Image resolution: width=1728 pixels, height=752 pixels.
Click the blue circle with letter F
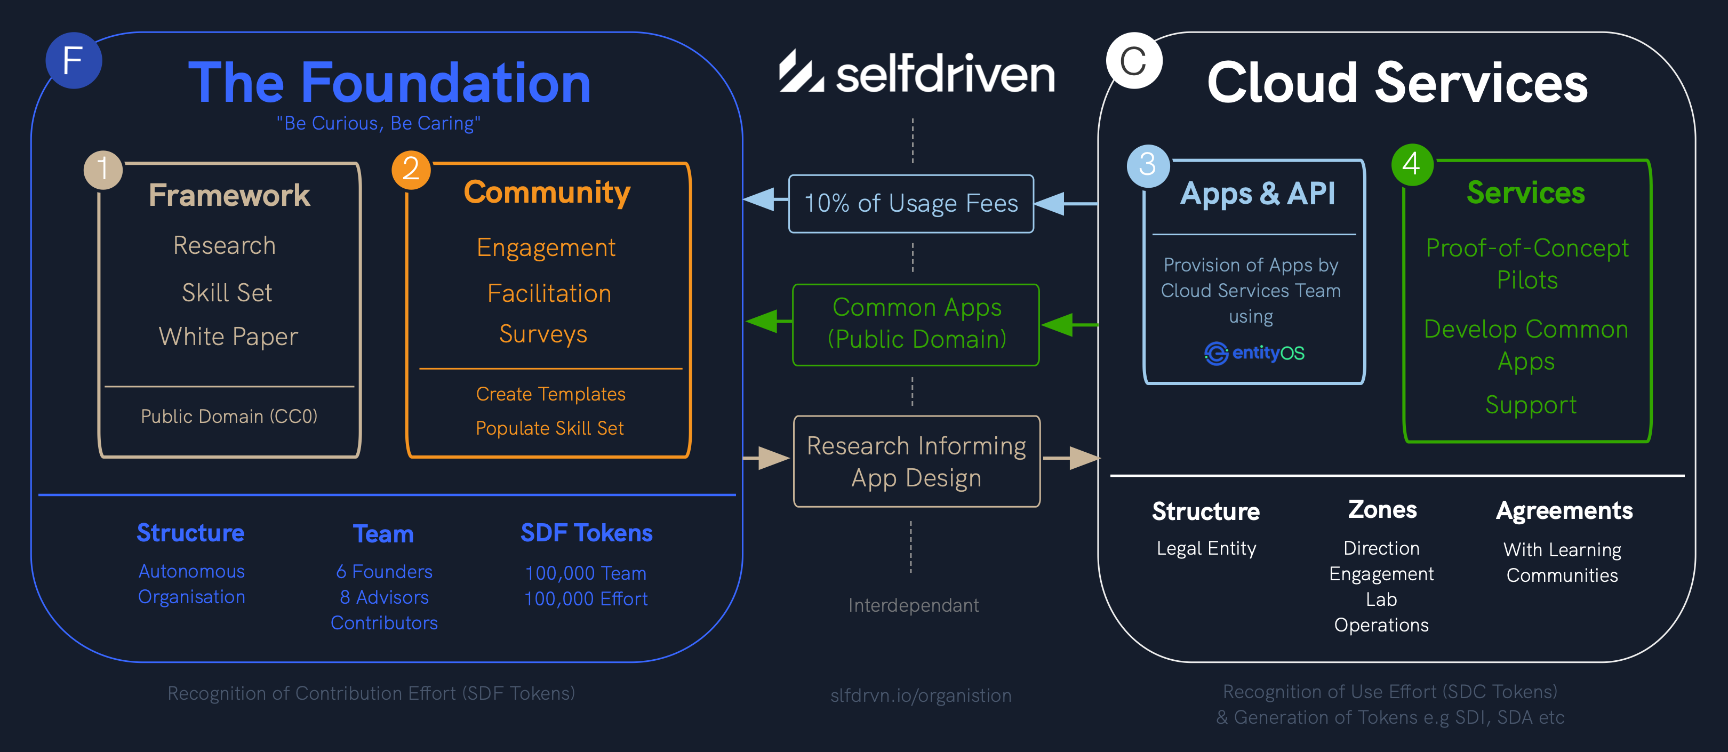click(x=74, y=60)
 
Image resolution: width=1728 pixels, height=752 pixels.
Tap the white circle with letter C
click(x=1134, y=61)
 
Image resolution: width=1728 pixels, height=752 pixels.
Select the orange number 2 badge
click(x=411, y=169)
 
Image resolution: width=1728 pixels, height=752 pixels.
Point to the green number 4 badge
click(x=1412, y=164)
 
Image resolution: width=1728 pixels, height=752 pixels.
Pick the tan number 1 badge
click(x=102, y=169)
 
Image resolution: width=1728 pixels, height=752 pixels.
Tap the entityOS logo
click(x=1254, y=353)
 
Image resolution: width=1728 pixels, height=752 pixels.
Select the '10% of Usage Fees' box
click(x=911, y=204)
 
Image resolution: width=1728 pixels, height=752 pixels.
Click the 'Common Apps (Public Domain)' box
click(x=916, y=325)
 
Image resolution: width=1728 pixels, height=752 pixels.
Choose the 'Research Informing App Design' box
click(x=916, y=461)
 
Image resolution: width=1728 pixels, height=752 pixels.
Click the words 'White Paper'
click(x=228, y=337)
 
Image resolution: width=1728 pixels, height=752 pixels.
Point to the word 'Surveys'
click(x=543, y=334)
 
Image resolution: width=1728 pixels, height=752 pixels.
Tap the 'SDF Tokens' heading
click(x=586, y=533)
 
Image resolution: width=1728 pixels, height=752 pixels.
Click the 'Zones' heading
click(x=1382, y=510)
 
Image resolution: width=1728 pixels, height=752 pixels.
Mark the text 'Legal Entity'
click(x=1206, y=549)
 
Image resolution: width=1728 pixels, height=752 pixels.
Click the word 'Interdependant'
click(x=913, y=605)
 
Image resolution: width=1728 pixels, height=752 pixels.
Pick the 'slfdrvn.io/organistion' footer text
click(x=921, y=695)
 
